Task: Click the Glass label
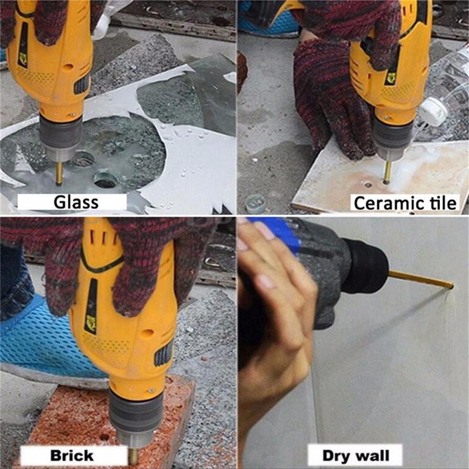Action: [76, 202]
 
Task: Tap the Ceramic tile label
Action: [405, 203]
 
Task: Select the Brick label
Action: [72, 456]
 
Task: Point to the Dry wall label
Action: [356, 456]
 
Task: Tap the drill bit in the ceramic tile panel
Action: [388, 172]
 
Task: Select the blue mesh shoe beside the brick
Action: [45, 338]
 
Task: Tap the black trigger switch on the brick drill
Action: [164, 354]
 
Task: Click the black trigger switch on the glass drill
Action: [81, 84]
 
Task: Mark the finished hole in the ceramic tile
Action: [368, 185]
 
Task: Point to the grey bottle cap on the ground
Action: [256, 204]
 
